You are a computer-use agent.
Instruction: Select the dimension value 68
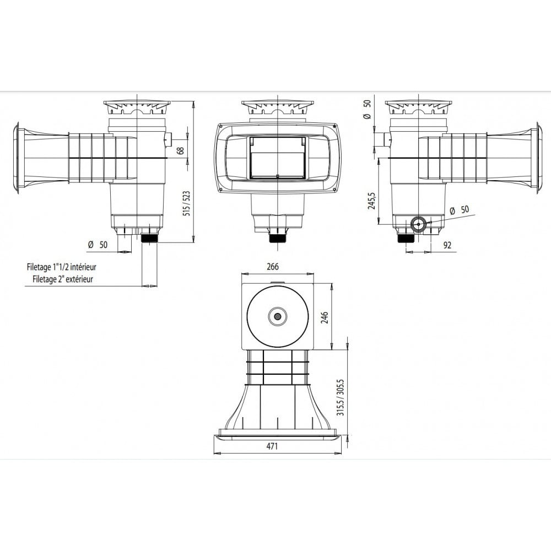click(x=180, y=150)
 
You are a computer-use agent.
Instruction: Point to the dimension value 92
click(x=447, y=245)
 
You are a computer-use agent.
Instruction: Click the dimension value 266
click(x=272, y=267)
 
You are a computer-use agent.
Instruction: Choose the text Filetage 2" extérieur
click(x=62, y=279)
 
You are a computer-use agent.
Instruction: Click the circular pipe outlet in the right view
click(x=418, y=224)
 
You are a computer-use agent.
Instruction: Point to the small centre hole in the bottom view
click(x=277, y=316)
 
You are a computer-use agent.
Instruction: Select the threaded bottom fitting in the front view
click(x=277, y=238)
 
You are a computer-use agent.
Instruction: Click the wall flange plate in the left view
click(x=18, y=159)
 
